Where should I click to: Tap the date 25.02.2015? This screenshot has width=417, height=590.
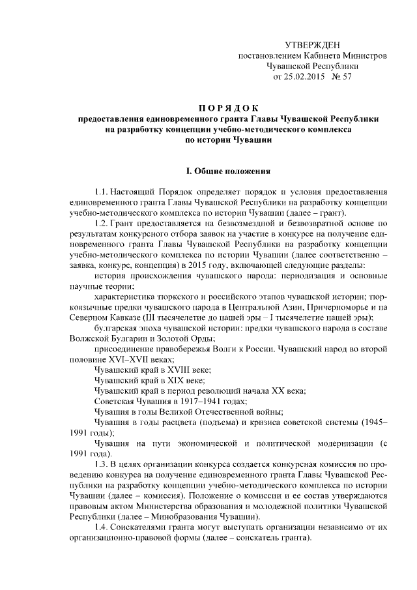(311, 77)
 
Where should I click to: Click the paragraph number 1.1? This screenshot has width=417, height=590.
(101, 194)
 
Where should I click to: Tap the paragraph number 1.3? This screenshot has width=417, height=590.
(101, 464)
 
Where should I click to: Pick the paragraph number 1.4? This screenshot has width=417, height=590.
(101, 526)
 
